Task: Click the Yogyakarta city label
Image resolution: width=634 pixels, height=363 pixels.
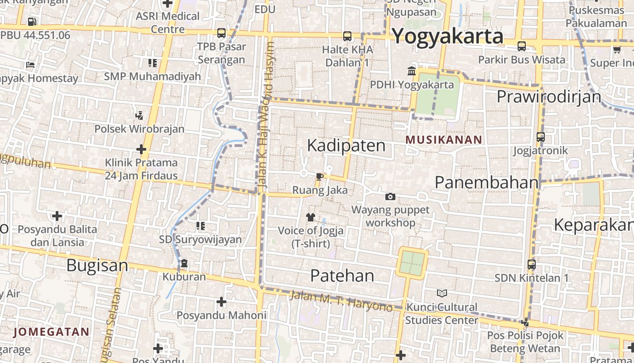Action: point(447,36)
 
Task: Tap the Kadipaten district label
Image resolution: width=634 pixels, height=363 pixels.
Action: point(346,146)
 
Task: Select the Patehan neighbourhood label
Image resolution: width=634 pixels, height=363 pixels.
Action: point(342,275)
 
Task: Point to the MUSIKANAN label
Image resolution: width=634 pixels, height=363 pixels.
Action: point(444,140)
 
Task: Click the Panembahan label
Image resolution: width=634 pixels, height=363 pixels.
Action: point(487,182)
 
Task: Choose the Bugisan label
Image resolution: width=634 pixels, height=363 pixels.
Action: point(97,265)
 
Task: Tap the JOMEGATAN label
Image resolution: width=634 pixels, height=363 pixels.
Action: point(52,332)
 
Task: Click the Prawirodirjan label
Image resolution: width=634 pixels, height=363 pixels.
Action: point(549,97)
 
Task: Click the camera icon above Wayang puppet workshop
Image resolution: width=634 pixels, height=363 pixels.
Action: point(390,196)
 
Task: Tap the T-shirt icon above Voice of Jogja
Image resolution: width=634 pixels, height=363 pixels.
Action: point(310,217)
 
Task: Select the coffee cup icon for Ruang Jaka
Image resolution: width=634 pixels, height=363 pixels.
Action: point(319,177)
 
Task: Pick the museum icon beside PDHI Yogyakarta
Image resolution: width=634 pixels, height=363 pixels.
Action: point(412,71)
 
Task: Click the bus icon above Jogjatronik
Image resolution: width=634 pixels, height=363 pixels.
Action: point(540,137)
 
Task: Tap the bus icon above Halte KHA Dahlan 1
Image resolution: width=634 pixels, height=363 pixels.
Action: point(347,36)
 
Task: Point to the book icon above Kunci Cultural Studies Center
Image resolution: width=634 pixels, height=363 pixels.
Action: point(442,294)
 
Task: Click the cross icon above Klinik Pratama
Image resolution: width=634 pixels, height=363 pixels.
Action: point(141,149)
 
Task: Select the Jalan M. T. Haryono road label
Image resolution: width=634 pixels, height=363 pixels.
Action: point(341,300)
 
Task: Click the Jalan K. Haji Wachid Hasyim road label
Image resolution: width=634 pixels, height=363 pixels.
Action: point(266,116)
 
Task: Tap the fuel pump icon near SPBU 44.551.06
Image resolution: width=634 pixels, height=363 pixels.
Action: point(32,21)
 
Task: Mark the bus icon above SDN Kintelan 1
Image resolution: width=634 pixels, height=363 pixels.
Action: point(532,264)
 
